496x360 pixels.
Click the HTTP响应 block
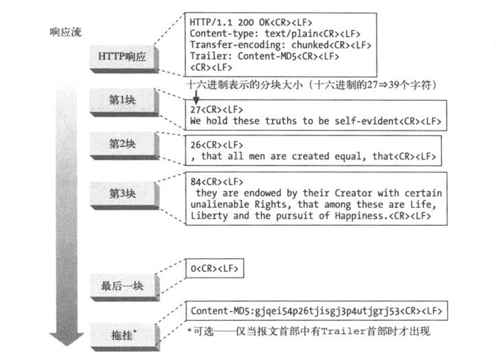[124, 59]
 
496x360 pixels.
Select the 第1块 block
[124, 102]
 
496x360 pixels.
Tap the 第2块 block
[124, 146]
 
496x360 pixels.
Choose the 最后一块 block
[124, 287]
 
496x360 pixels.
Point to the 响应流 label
[66, 32]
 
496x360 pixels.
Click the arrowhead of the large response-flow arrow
[67, 339]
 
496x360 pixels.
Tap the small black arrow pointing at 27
[196, 97]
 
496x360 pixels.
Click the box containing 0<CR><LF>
[214, 268]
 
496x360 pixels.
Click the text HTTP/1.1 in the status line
[211, 22]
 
